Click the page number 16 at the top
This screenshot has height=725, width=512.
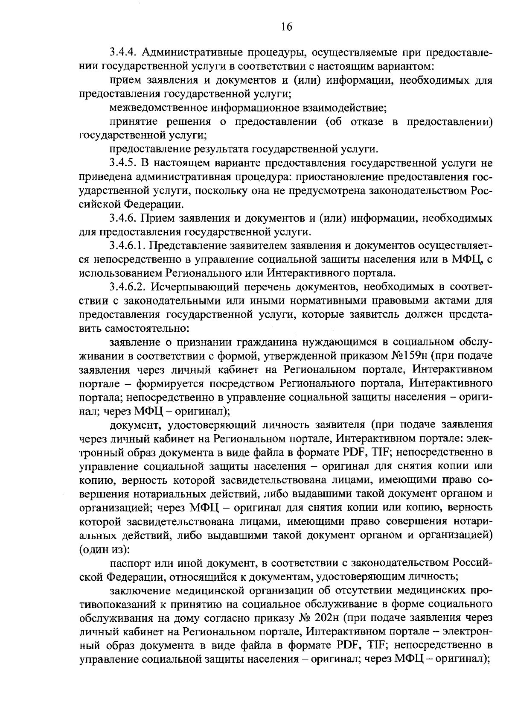click(287, 27)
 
